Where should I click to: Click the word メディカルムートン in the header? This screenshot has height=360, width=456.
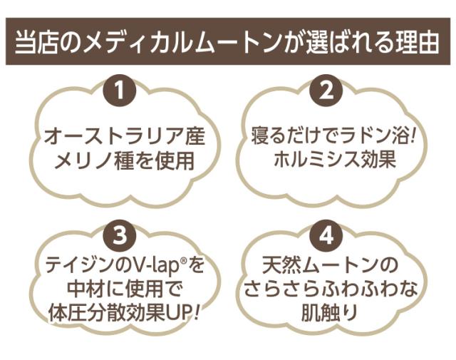[163, 43]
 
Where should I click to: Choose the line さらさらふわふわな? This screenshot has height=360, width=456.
[328, 289]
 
